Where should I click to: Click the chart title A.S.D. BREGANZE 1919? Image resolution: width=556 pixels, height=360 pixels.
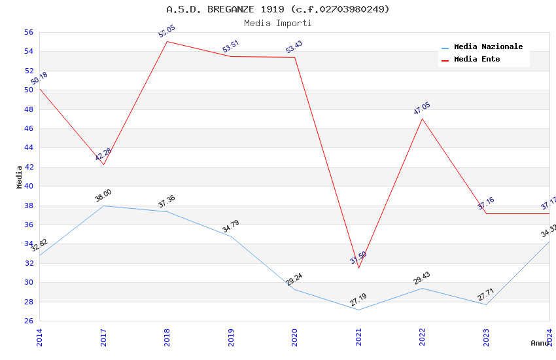(277, 9)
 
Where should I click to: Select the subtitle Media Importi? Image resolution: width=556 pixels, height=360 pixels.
(277, 23)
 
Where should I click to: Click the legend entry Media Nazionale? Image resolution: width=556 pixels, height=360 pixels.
(488, 46)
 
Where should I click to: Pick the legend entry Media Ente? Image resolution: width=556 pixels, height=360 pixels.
(477, 59)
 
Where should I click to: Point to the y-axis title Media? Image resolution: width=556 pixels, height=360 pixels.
(19, 177)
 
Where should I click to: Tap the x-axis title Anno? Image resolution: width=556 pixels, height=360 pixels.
(540, 343)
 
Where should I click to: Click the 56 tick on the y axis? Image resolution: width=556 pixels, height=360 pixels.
(28, 32)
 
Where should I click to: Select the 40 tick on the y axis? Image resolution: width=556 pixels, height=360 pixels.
(28, 186)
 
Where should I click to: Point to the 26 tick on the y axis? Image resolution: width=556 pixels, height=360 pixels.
(28, 321)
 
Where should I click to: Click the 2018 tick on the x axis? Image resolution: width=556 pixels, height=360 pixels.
(167, 336)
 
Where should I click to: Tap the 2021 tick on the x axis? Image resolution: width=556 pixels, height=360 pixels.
(358, 336)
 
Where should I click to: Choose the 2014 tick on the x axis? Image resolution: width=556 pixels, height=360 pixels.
(39, 336)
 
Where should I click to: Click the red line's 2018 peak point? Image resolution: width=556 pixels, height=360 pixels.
(167, 41)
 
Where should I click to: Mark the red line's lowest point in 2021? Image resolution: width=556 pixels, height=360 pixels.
(358, 268)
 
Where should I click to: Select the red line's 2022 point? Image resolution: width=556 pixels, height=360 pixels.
(422, 118)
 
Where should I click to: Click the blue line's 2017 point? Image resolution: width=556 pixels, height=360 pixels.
(103, 206)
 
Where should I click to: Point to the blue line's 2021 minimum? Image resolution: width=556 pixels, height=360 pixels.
(358, 310)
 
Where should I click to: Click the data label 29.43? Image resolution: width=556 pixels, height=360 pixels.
(422, 278)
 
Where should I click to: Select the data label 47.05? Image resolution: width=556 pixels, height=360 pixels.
(422, 109)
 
